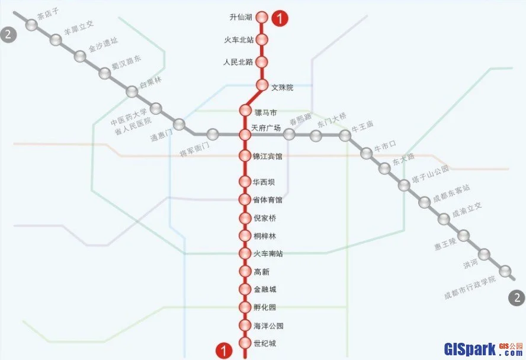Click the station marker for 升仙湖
[x=262, y=18]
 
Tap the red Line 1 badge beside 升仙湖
[x=280, y=18]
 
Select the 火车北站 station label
[x=239, y=40]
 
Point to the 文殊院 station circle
[x=262, y=85]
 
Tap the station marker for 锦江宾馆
[x=245, y=156]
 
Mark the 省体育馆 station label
[x=268, y=200]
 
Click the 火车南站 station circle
[x=245, y=253]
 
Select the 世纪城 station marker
[x=245, y=343]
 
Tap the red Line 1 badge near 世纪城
[x=223, y=351]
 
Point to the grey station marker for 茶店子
[x=32, y=25]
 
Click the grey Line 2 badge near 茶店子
[x=8, y=34]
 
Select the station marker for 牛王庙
[x=345, y=136]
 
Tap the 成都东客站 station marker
[x=424, y=202]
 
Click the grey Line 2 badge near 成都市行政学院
[x=517, y=298]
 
